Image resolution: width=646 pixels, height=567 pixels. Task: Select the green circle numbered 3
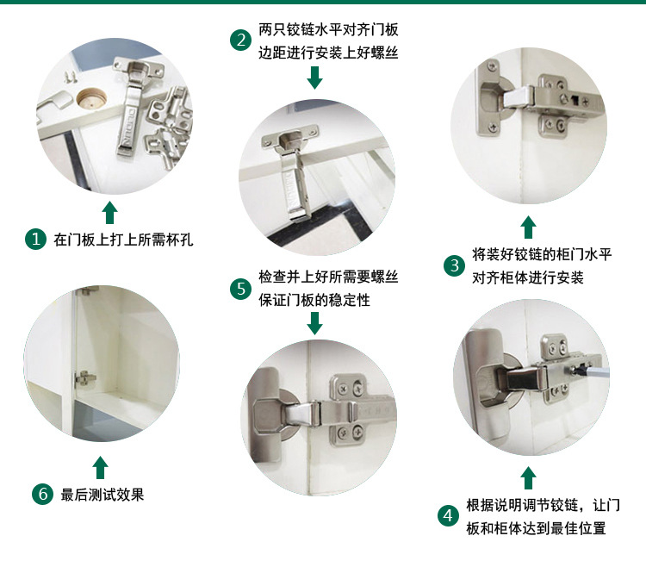pos(454,265)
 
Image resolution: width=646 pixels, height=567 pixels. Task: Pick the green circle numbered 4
pos(447,515)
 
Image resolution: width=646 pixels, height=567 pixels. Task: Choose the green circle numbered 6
pos(41,495)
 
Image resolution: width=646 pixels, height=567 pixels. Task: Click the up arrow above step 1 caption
pos(109,213)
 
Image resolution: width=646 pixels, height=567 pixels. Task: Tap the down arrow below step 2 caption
pos(314,78)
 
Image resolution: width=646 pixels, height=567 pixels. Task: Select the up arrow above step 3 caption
pos(529,227)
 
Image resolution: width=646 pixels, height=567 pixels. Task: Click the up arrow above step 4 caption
pos(529,477)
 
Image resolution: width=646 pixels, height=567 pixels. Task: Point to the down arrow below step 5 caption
pos(314,323)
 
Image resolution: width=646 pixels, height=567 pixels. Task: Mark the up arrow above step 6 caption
pos(101,468)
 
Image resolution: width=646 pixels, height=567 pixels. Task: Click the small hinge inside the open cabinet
pos(84,377)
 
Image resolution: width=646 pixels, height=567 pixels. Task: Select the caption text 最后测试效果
pos(102,495)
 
